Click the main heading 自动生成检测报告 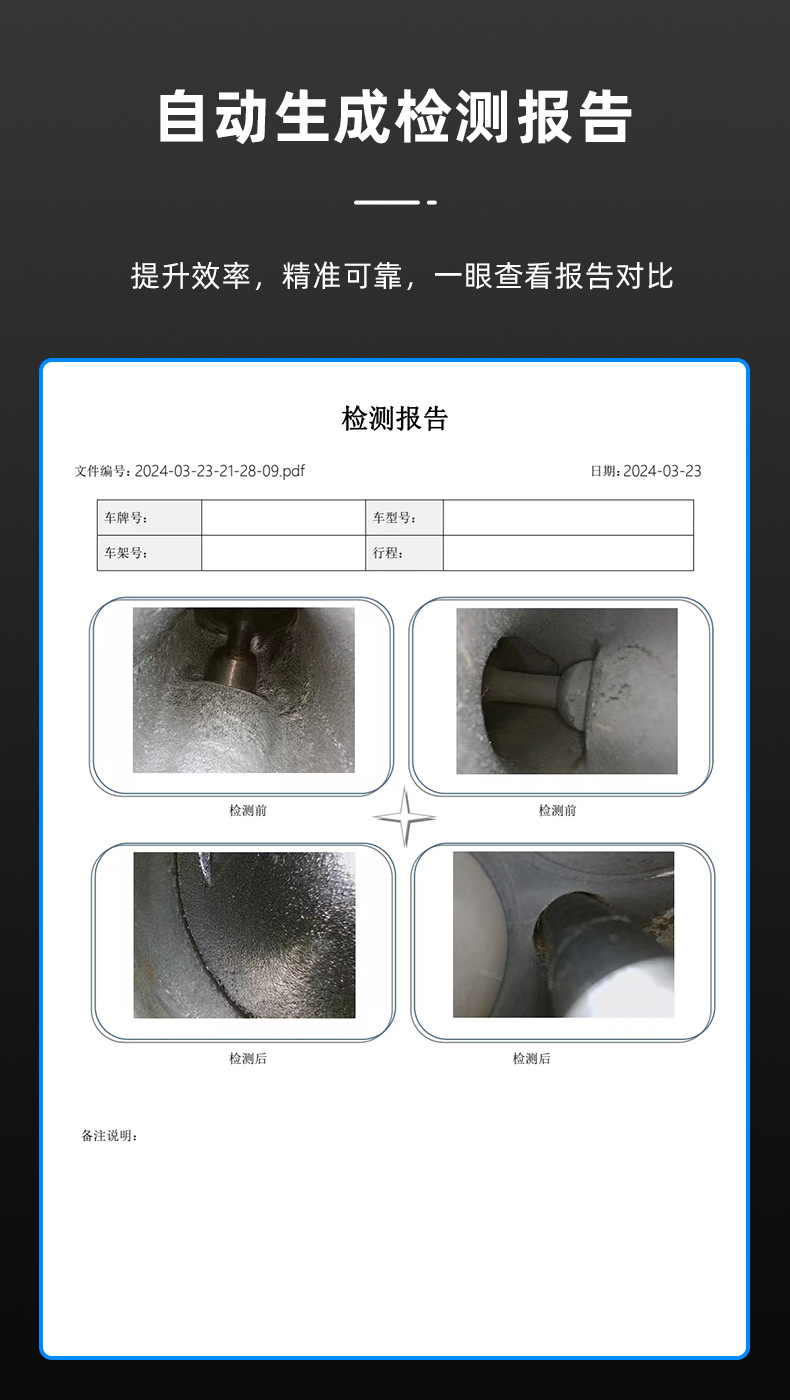point(395,117)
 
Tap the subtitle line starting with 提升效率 point(402,276)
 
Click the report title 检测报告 point(395,419)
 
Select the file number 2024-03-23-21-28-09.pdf point(219,471)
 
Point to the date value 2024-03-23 point(662,471)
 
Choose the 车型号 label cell point(404,518)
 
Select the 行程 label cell point(404,553)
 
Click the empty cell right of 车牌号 point(283,518)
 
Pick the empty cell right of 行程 point(568,553)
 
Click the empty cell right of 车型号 point(568,518)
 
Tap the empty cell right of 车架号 point(283,553)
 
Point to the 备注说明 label point(109,1136)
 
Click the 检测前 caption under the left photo point(247,810)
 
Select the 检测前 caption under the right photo point(557,810)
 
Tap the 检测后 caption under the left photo point(247,1058)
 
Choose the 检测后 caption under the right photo point(531,1058)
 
